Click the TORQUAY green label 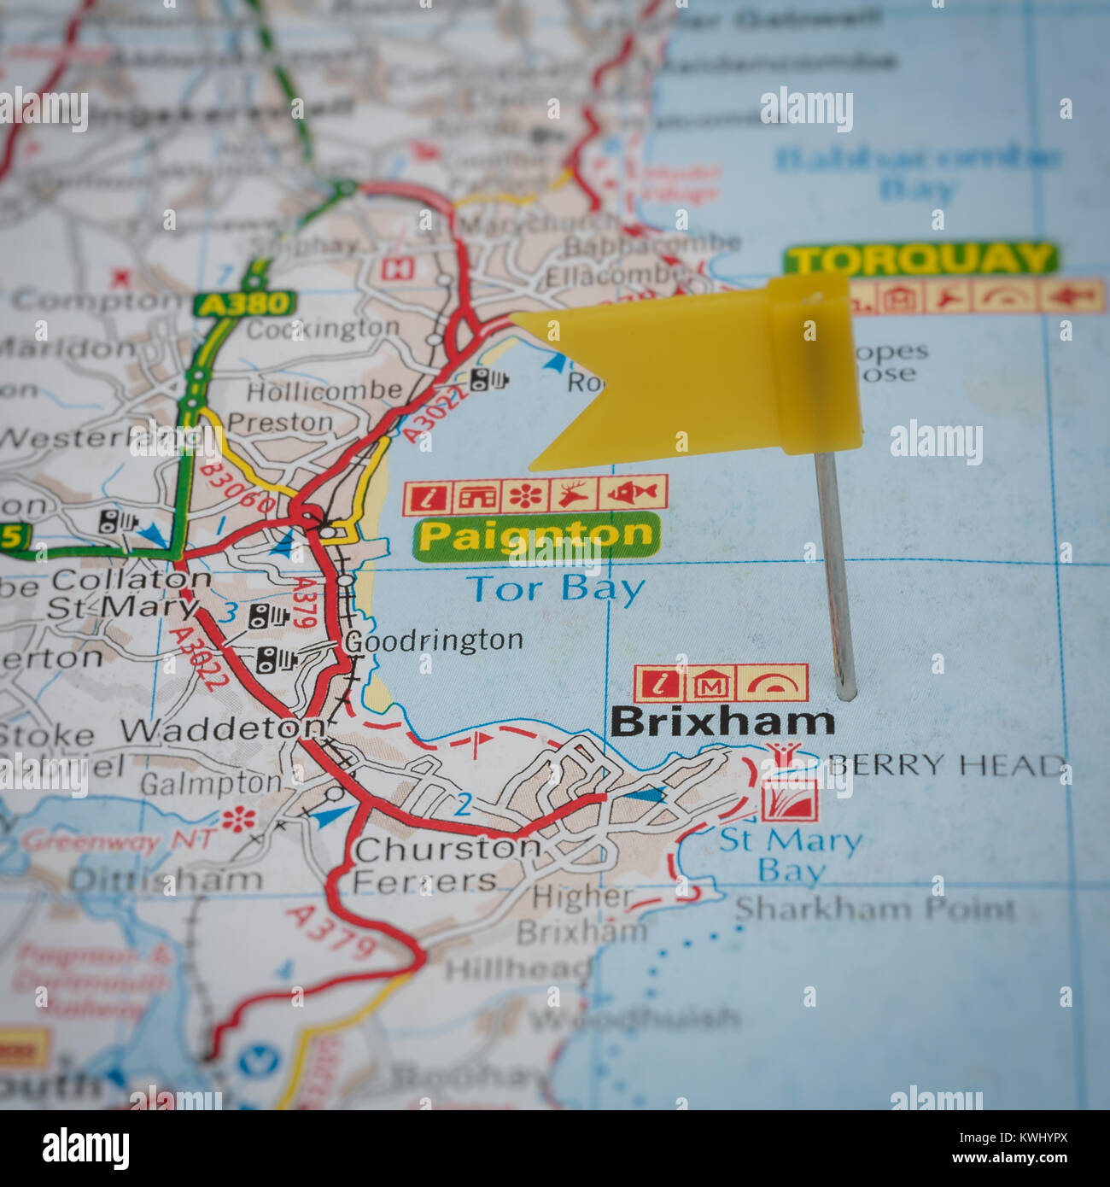920,259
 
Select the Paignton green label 536,536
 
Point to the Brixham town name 722,722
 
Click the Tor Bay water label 555,589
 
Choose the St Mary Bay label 790,854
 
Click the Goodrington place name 434,640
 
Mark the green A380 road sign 243,303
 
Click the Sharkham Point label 875,909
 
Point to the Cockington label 323,329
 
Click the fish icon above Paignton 634,493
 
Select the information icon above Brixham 660,683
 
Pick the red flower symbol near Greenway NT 238,821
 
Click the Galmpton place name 210,783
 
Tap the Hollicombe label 324,391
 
